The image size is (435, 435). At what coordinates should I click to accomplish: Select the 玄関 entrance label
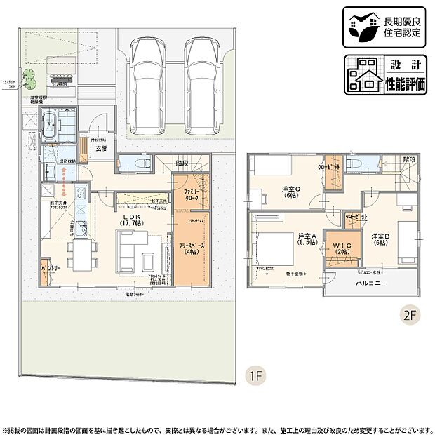click(x=102, y=149)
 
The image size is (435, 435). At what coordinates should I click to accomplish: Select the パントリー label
click(x=49, y=269)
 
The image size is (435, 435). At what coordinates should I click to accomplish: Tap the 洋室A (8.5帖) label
click(x=306, y=239)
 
